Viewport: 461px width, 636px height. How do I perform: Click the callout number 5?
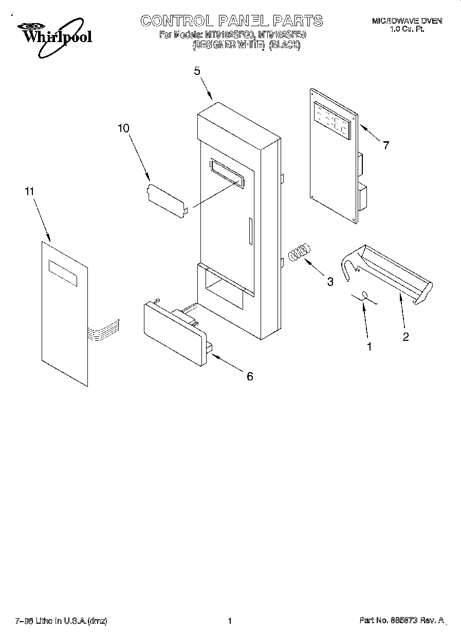click(197, 71)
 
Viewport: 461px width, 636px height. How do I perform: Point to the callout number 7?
click(385, 145)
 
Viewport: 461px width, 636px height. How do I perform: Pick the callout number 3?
click(330, 281)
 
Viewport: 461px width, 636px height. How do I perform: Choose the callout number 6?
click(250, 376)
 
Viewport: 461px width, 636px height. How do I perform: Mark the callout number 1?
click(369, 346)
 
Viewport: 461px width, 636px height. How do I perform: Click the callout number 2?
click(405, 337)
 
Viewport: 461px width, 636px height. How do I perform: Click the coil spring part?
click(300, 252)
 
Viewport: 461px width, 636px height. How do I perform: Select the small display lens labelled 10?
click(165, 200)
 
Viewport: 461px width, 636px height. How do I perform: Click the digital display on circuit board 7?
click(331, 121)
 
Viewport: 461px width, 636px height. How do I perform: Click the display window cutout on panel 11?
click(63, 273)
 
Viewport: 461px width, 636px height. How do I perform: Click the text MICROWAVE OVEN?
click(407, 21)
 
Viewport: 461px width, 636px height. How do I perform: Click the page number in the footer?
click(230, 621)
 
